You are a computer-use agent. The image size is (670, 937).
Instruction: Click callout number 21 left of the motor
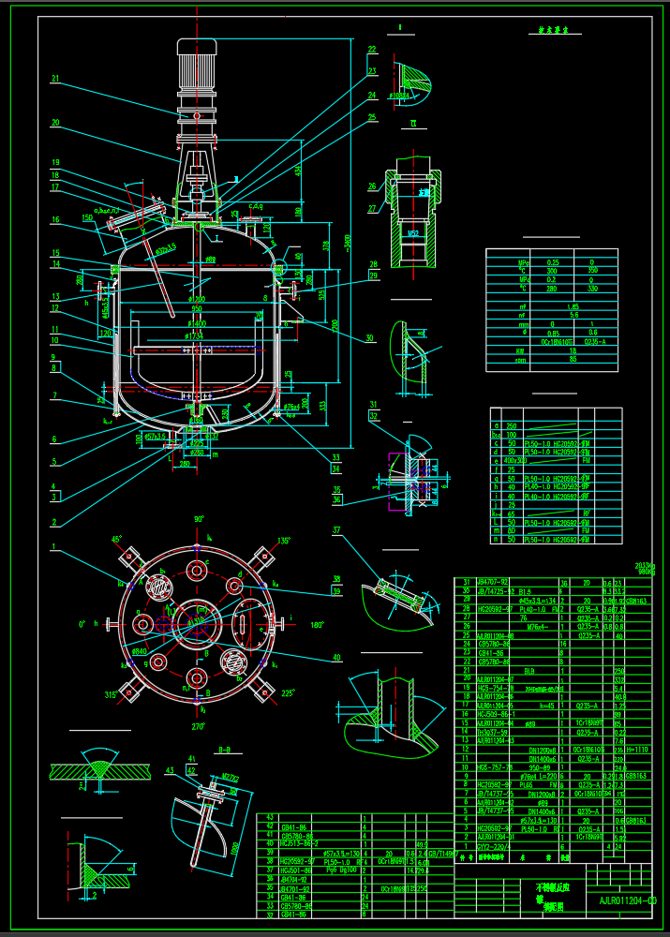[x=55, y=79]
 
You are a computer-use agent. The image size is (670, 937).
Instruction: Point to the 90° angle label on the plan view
[x=199, y=519]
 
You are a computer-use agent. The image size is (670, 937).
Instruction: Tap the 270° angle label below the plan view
[x=198, y=726]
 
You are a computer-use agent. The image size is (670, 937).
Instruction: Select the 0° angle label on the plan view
[x=82, y=624]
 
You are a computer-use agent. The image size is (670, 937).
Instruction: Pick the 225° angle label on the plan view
[x=289, y=694]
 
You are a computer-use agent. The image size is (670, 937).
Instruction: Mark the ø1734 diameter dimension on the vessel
[x=196, y=335]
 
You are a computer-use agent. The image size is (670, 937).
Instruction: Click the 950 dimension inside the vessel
[x=196, y=307]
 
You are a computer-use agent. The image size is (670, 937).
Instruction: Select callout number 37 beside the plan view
[x=335, y=531]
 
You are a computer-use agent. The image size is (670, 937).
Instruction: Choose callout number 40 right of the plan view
[x=335, y=656]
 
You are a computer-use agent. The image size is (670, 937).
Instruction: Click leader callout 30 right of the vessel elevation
[x=369, y=338]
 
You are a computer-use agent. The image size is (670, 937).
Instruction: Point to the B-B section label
[x=224, y=750]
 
